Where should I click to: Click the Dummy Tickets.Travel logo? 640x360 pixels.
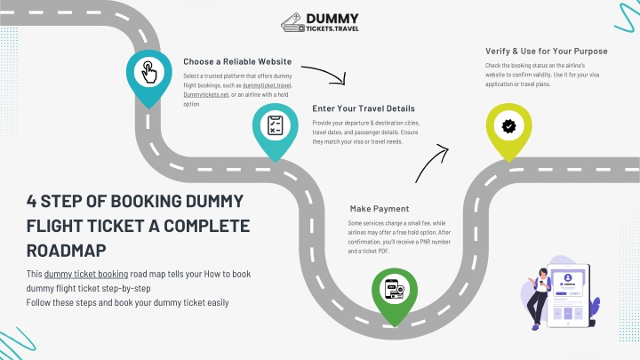(x=320, y=22)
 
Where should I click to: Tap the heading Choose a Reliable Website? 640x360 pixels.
(x=237, y=61)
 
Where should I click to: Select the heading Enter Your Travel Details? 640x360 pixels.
(x=364, y=108)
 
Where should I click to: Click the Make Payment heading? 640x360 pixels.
(x=380, y=209)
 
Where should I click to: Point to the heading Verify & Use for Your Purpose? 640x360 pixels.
(x=546, y=52)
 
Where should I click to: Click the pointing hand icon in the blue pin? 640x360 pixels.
(x=149, y=72)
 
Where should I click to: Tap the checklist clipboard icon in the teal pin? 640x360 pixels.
(x=275, y=125)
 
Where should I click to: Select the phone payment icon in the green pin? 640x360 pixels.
(x=395, y=289)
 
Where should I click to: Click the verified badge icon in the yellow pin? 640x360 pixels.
(x=508, y=126)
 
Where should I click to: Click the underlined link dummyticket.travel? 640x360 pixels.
(x=267, y=85)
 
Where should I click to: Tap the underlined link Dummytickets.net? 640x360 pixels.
(x=206, y=95)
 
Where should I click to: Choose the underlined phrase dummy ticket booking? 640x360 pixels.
(x=86, y=274)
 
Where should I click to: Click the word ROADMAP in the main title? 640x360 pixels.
(x=66, y=251)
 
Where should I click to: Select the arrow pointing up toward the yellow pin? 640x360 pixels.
(x=432, y=164)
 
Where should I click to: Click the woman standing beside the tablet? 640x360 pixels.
(x=539, y=299)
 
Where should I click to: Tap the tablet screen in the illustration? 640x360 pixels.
(x=568, y=296)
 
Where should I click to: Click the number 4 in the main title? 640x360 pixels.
(x=31, y=201)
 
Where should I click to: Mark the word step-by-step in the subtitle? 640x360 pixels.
(x=126, y=288)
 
